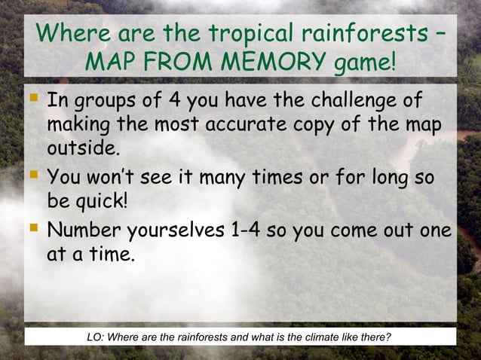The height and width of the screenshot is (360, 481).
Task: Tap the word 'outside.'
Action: [x=84, y=147]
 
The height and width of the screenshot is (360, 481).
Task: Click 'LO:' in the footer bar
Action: [x=95, y=336]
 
